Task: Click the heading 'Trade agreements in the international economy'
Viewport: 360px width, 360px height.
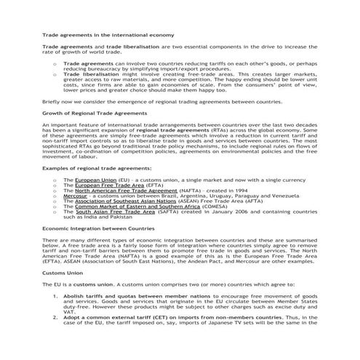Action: tap(108, 35)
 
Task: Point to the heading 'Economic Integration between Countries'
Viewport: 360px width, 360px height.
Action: tap(97, 249)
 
